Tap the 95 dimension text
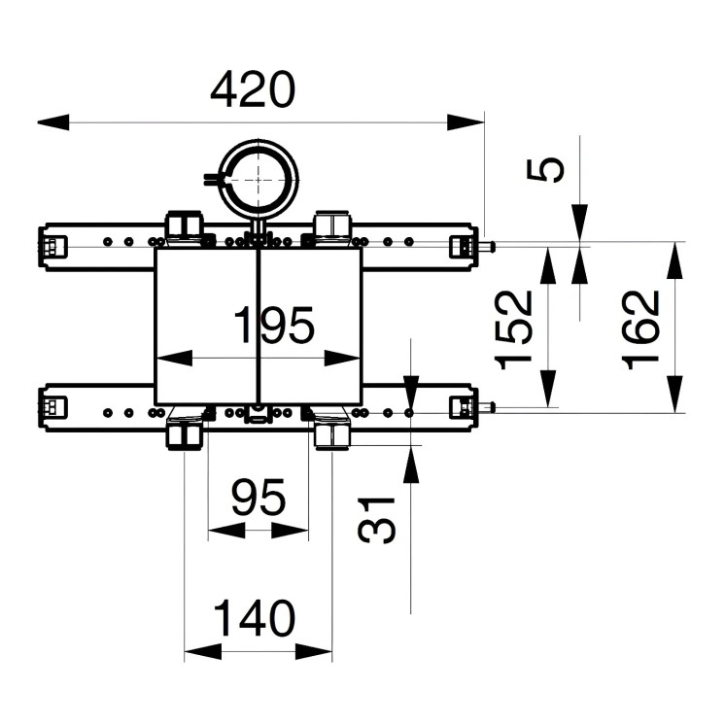click(x=259, y=499)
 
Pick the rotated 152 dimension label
click(x=515, y=330)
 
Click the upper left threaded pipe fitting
click(x=185, y=226)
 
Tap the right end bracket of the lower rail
click(x=461, y=409)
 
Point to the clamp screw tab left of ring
click(x=213, y=178)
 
